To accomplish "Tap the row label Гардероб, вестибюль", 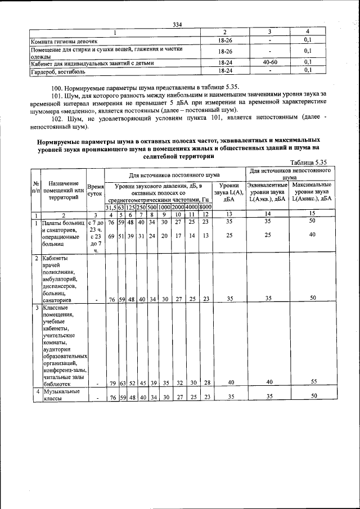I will click(x=54, y=71).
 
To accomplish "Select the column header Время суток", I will click(x=95, y=189).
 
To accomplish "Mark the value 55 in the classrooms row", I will click(x=313, y=381).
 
